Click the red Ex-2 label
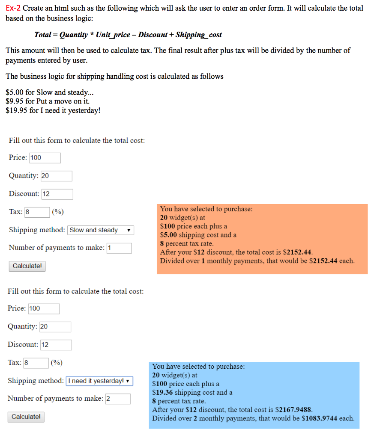click(x=13, y=8)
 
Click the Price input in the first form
click(x=45, y=158)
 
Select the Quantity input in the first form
click(x=56, y=176)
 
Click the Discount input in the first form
click(x=57, y=194)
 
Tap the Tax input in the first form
click(x=37, y=212)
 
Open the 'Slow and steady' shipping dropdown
click(x=100, y=230)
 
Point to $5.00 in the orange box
click(x=168, y=235)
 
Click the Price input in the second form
click(x=44, y=308)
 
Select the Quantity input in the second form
click(x=55, y=327)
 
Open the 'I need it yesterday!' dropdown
click(x=99, y=381)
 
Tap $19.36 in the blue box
click(x=162, y=392)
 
